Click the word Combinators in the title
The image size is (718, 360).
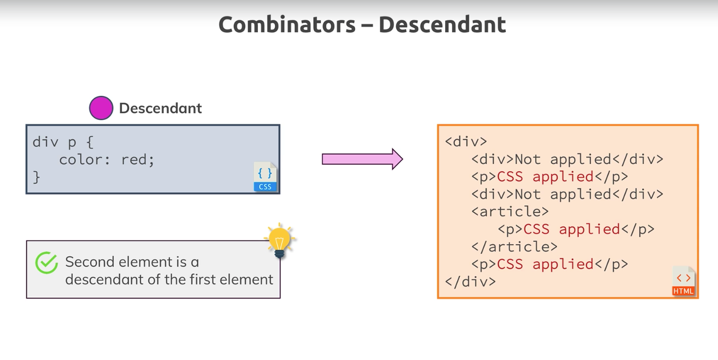tap(287, 25)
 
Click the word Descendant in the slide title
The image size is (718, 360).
tap(442, 25)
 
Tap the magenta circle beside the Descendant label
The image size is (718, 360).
tap(101, 108)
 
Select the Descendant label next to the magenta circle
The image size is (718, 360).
tap(160, 108)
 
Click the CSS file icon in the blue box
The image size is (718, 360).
tap(265, 177)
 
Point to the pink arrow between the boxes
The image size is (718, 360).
tap(362, 159)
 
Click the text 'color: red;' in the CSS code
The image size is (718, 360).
tap(107, 160)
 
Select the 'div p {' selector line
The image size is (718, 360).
tap(63, 142)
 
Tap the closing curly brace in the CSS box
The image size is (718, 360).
tap(36, 177)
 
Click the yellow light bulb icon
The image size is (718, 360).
tap(279, 240)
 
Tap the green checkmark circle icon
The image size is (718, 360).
tap(47, 263)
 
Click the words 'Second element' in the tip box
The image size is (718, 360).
tap(119, 262)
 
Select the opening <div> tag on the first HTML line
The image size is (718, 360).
tap(466, 142)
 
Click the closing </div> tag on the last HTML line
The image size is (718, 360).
tap(470, 282)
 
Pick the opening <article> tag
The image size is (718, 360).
tap(510, 212)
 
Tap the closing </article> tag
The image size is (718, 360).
tap(514, 247)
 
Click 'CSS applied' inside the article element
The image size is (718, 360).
tap(572, 229)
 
